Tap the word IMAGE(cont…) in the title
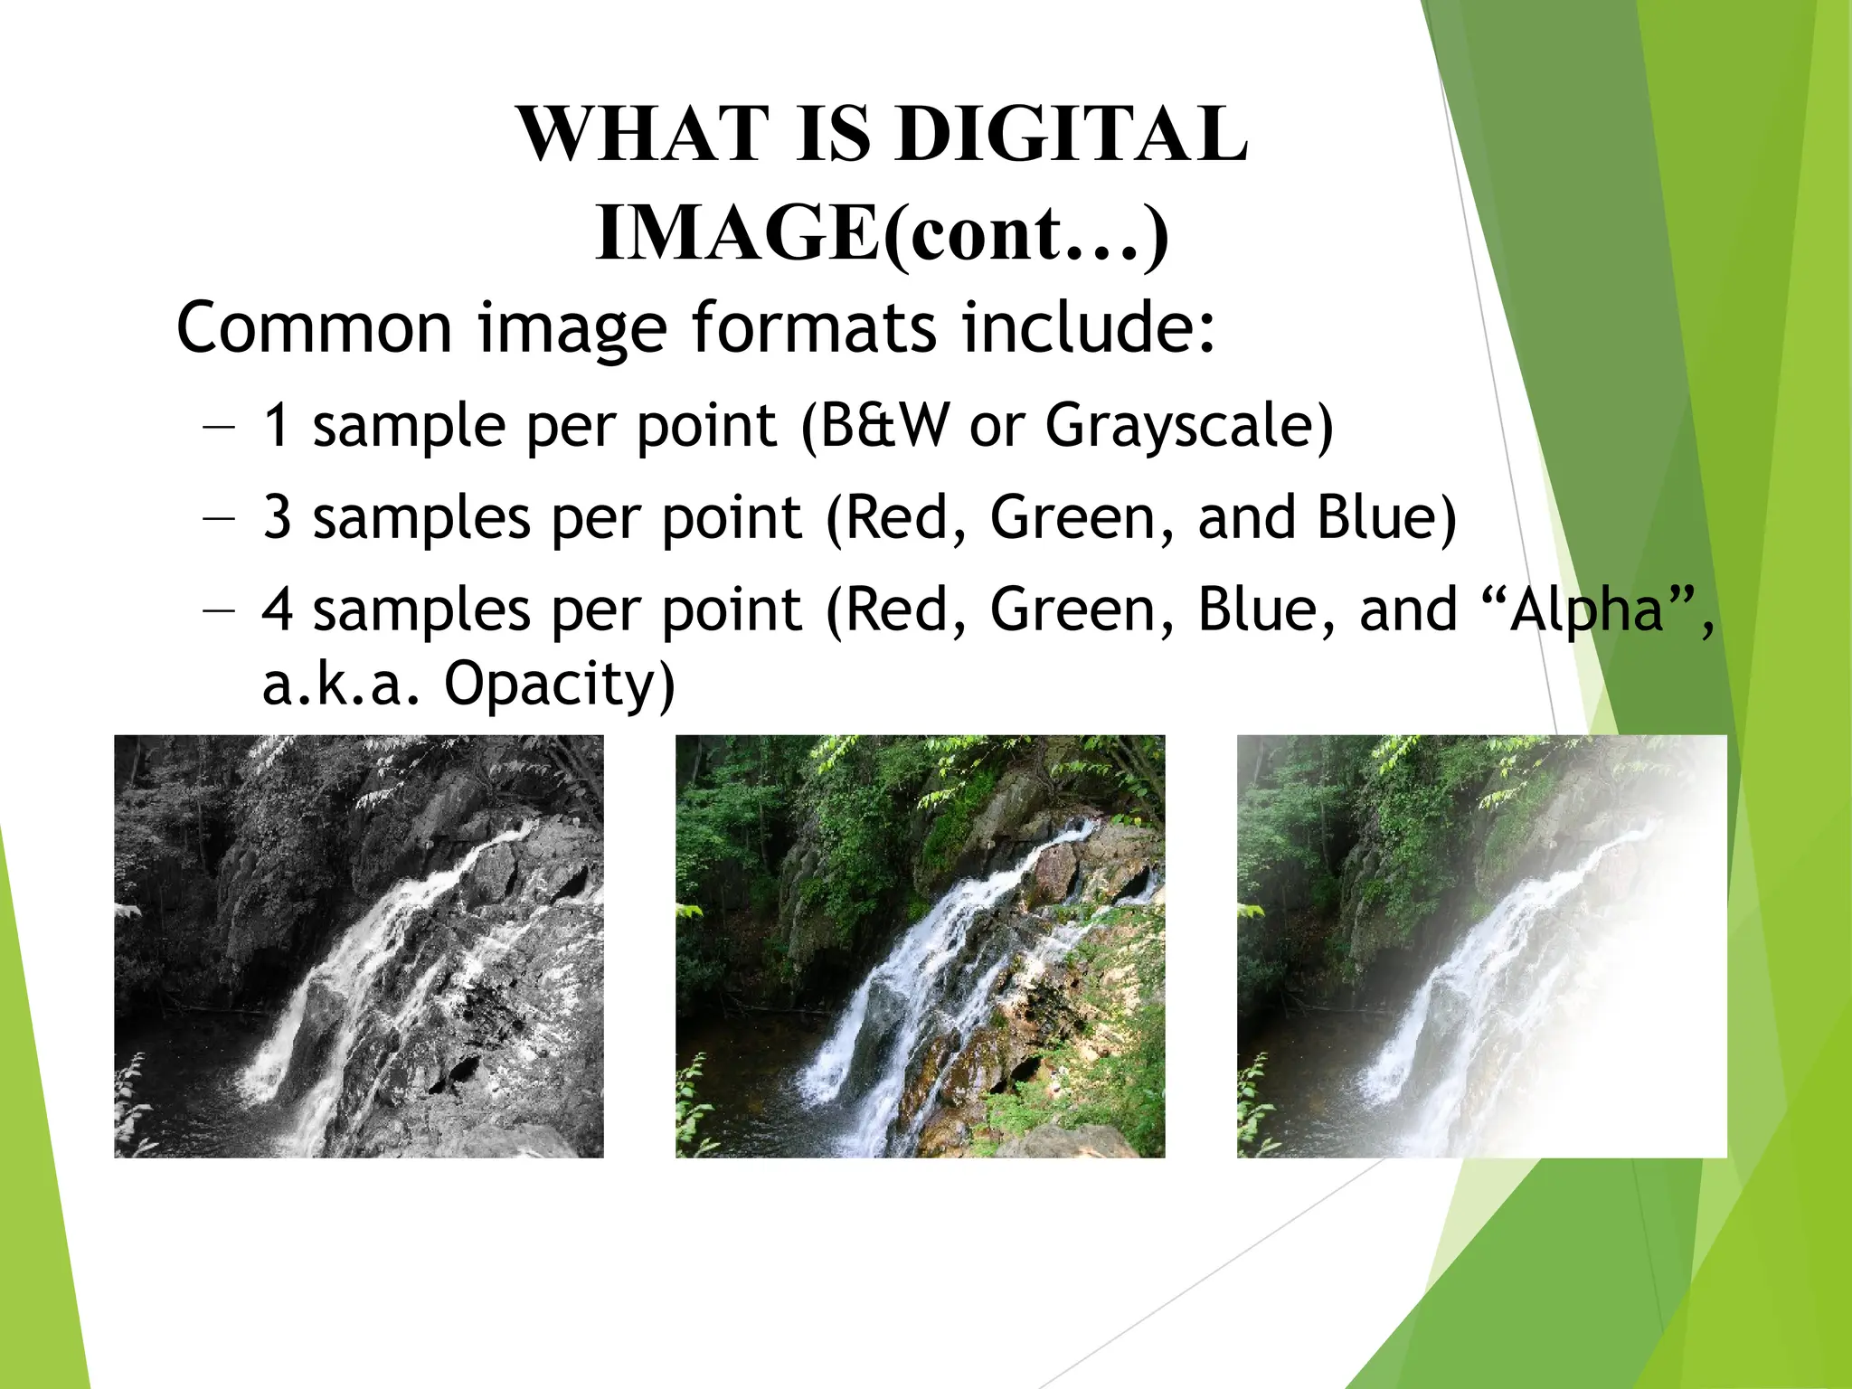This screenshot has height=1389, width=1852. coord(882,233)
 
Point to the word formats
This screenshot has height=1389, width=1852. coord(814,327)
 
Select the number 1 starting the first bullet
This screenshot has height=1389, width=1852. coord(276,425)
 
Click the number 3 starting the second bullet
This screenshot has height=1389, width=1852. coord(277,517)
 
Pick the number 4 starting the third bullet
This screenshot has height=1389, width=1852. coord(277,609)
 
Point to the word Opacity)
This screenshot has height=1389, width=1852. coord(560,684)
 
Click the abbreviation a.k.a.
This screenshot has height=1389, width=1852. coord(341,684)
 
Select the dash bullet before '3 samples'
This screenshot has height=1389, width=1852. coord(219,518)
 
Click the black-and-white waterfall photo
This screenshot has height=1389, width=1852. coord(358,946)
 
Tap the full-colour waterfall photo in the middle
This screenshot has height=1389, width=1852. coord(920,946)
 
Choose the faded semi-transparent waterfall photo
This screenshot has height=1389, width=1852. coord(1481,946)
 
